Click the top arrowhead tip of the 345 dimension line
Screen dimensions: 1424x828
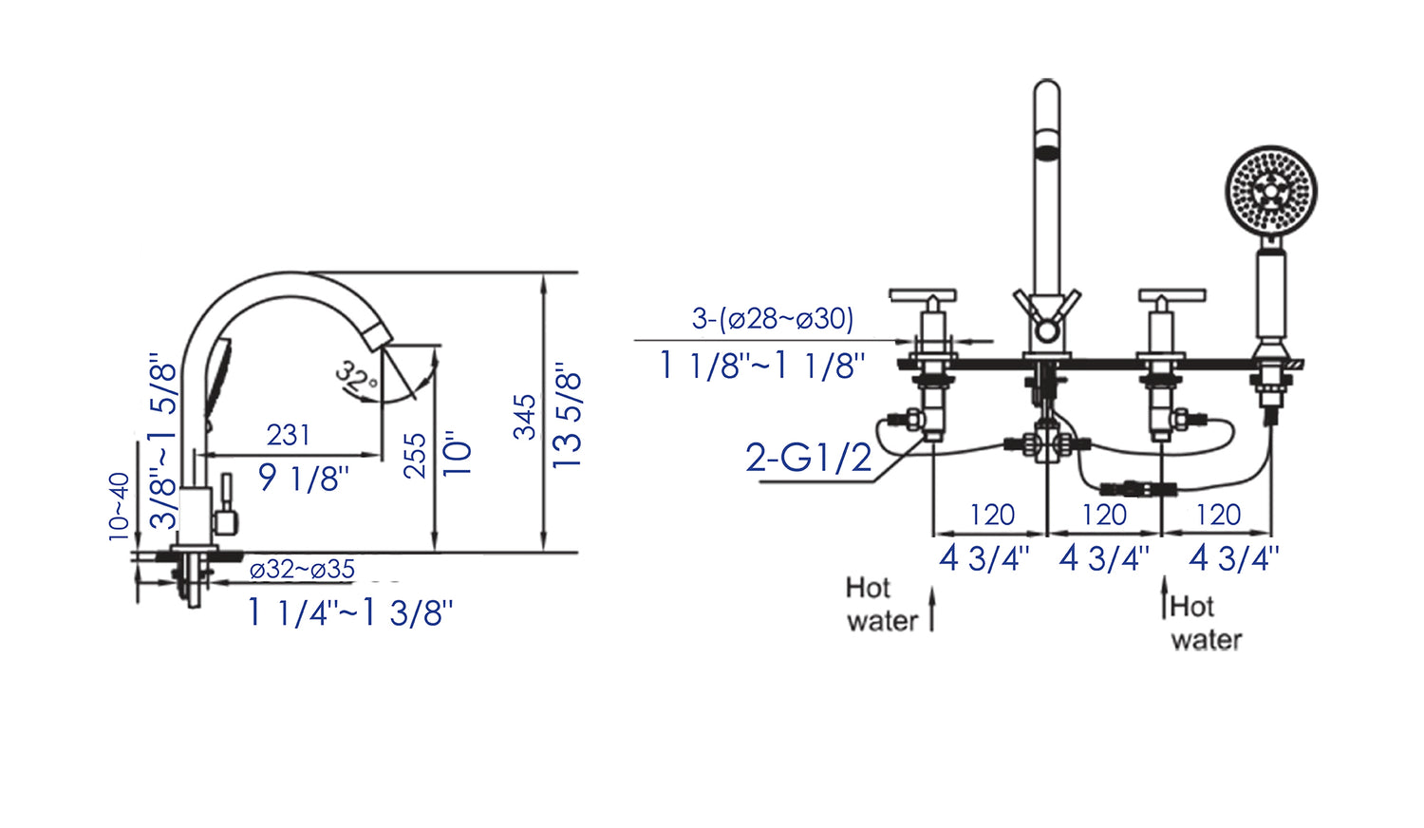click(x=543, y=274)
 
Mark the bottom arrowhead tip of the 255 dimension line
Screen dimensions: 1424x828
click(x=435, y=551)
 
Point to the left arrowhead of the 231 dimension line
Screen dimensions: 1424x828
click(x=198, y=456)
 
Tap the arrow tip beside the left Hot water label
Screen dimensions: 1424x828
click(x=932, y=587)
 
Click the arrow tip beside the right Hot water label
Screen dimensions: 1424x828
click(x=1164, y=576)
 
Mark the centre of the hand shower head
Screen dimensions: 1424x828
click(x=1271, y=191)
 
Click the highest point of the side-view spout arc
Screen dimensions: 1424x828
click(x=290, y=273)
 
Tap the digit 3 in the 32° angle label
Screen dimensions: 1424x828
click(x=346, y=369)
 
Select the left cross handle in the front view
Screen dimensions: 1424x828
click(x=923, y=294)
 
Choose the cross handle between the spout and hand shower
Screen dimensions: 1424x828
click(x=1171, y=294)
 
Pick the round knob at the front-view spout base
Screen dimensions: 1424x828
click(x=1046, y=331)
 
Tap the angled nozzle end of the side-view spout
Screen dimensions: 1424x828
click(x=379, y=336)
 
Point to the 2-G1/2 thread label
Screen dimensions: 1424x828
click(x=808, y=458)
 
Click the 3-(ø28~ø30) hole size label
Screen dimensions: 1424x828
click(x=773, y=319)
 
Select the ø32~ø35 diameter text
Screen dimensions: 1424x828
click(x=302, y=569)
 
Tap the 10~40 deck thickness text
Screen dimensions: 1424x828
click(x=119, y=507)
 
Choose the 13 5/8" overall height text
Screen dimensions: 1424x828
click(x=567, y=416)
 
